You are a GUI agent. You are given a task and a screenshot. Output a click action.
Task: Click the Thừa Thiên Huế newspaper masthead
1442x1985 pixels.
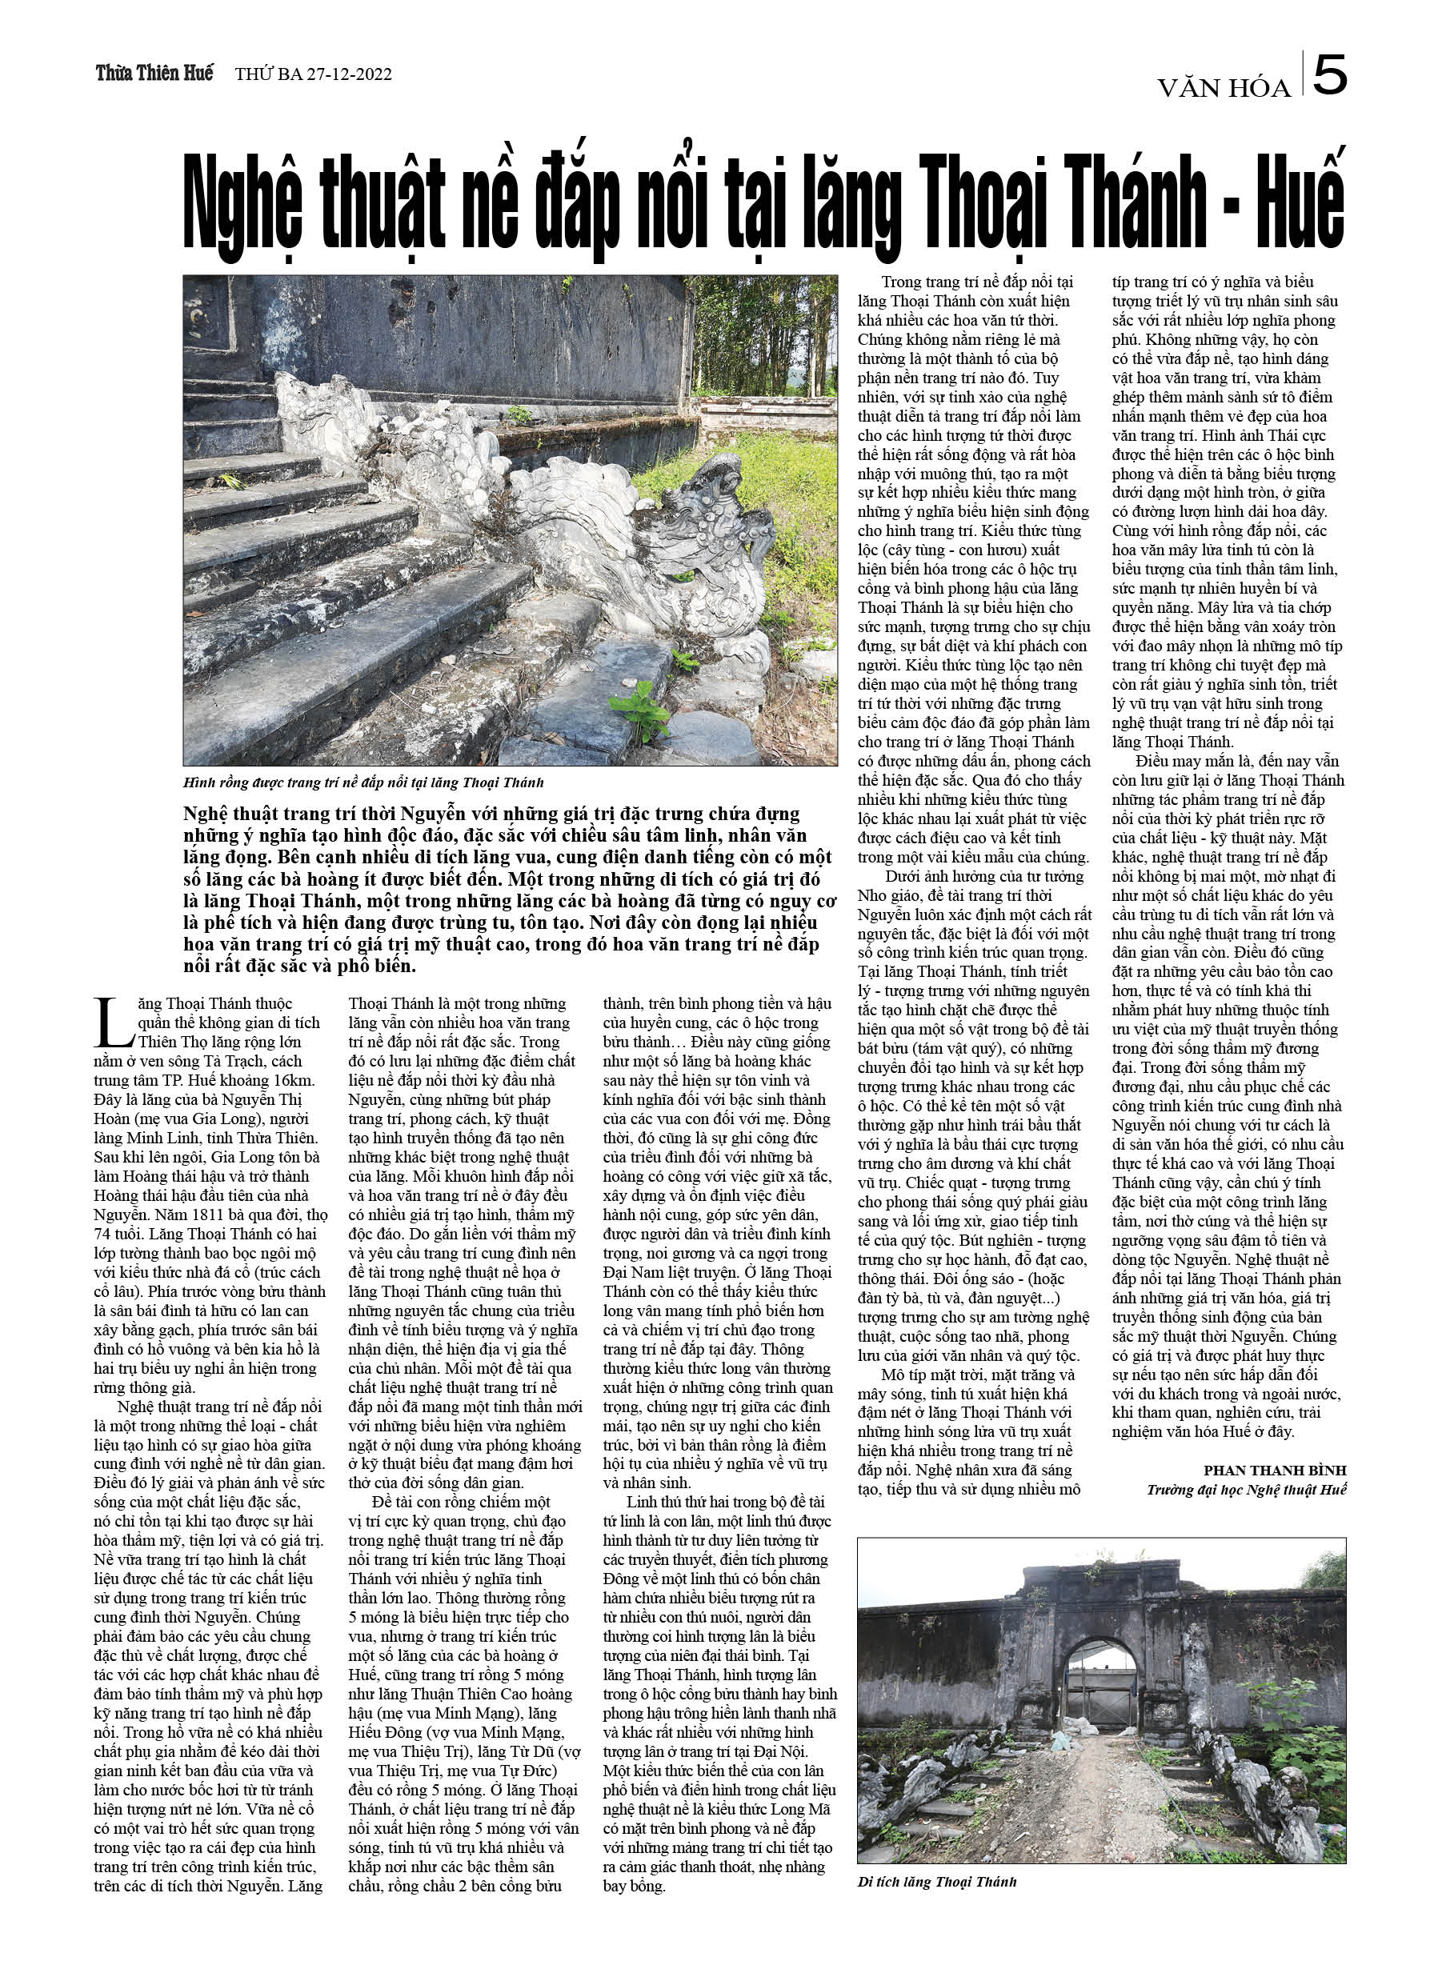click(x=154, y=74)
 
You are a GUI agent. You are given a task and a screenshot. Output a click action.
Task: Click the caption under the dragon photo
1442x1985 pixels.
click(x=363, y=782)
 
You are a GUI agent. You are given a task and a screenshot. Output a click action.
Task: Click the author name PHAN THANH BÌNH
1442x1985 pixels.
click(x=1274, y=1471)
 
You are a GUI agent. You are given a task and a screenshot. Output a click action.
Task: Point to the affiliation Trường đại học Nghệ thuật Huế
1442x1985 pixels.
click(x=1246, y=1490)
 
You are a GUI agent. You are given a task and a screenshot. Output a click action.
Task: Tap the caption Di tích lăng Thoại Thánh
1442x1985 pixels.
click(x=937, y=1882)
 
